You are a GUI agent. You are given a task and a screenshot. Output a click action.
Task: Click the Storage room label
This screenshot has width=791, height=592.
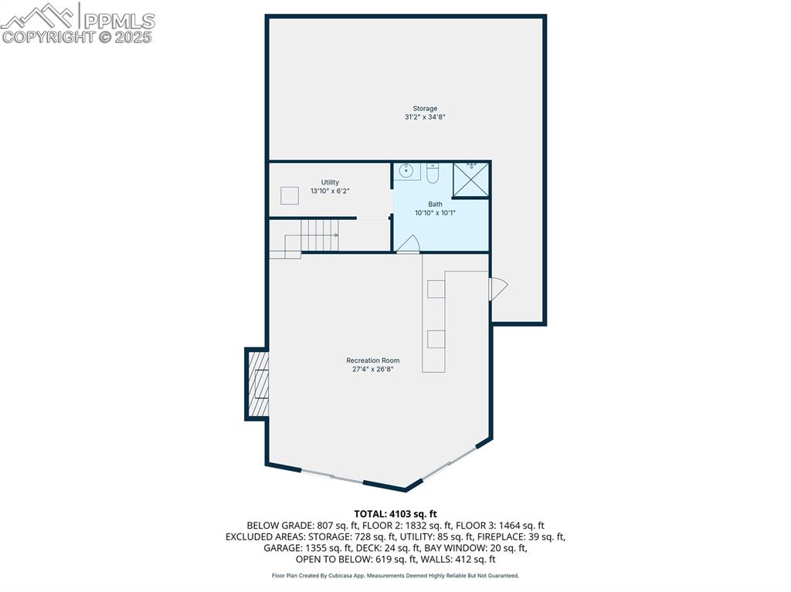click(425, 109)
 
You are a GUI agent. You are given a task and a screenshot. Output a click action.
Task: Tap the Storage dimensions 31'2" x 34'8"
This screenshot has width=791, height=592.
click(425, 117)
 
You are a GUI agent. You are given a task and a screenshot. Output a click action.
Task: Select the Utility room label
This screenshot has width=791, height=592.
click(330, 182)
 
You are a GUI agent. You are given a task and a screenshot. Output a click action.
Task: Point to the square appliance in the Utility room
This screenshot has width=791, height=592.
click(290, 196)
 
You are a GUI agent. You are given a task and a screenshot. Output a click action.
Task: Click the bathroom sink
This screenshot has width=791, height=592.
click(407, 171)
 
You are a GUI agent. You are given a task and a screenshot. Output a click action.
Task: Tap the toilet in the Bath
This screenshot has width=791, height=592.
click(433, 173)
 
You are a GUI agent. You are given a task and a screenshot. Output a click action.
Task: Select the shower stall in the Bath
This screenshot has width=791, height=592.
click(470, 180)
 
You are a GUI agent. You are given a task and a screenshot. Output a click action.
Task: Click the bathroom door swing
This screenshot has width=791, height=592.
click(408, 243)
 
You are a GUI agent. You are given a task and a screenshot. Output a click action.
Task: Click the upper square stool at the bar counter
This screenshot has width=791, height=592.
click(436, 289)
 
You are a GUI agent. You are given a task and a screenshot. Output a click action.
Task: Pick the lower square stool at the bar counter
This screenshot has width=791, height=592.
click(436, 339)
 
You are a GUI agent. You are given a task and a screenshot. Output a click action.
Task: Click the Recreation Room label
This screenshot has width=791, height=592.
click(373, 360)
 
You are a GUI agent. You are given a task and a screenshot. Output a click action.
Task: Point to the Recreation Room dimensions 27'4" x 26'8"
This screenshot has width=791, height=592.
click(373, 369)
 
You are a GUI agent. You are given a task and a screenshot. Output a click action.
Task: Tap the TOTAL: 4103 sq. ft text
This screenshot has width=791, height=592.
click(395, 513)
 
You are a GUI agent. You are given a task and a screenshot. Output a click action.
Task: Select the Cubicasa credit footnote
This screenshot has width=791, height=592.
click(395, 576)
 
